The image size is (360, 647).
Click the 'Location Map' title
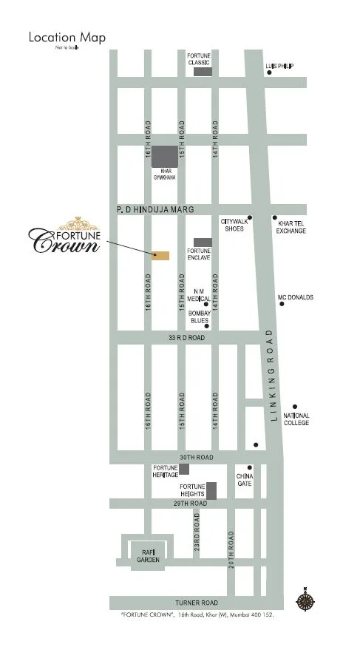(x=67, y=37)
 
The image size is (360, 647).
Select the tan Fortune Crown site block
(x=160, y=256)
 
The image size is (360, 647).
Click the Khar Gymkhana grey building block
(x=166, y=156)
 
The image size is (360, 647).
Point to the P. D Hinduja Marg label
(x=154, y=211)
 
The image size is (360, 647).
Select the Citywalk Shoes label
(x=234, y=226)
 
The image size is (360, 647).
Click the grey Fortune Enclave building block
(x=203, y=242)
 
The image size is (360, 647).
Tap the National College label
(x=296, y=419)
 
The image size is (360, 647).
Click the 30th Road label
(x=196, y=458)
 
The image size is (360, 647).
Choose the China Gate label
(x=245, y=480)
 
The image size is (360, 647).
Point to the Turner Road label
(x=196, y=603)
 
